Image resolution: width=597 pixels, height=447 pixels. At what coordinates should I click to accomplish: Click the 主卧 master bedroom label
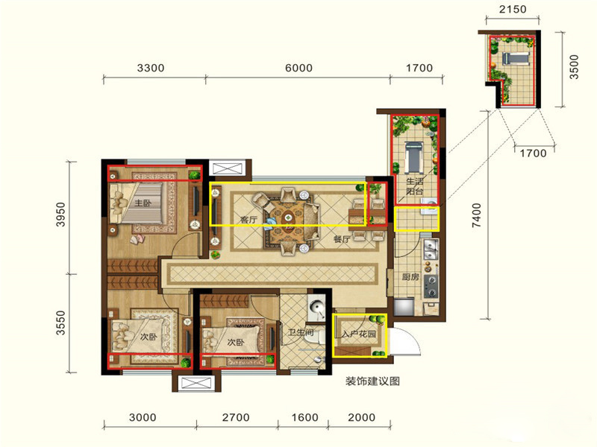point(143,203)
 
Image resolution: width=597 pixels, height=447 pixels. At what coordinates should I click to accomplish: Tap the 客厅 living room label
point(249,219)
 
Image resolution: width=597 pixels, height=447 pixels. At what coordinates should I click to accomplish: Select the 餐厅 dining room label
point(342,239)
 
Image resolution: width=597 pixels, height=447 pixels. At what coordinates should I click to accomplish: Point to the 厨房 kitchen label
point(410,276)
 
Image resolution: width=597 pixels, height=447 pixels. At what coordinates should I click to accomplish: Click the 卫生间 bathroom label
point(301,332)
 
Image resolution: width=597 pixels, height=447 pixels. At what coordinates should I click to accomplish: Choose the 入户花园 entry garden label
point(359,334)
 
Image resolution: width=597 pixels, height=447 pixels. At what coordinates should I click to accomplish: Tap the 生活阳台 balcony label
point(414,186)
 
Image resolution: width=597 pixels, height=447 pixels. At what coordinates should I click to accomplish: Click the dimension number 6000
point(299,68)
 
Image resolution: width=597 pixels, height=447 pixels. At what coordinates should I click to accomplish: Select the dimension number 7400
point(477,215)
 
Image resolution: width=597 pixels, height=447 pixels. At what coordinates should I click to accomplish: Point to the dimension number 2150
point(513,9)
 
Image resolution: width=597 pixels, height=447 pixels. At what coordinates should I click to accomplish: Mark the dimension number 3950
point(60,215)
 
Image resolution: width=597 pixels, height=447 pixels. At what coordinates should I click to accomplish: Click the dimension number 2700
point(236,417)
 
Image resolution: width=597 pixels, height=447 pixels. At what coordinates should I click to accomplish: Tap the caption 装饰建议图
point(372,381)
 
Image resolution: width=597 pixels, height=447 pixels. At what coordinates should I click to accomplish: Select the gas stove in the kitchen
point(431,286)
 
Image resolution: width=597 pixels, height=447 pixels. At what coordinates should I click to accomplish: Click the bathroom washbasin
point(316,306)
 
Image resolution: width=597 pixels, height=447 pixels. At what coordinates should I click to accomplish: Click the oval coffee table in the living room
point(289,218)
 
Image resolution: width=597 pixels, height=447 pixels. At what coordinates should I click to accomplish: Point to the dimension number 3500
point(574,67)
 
